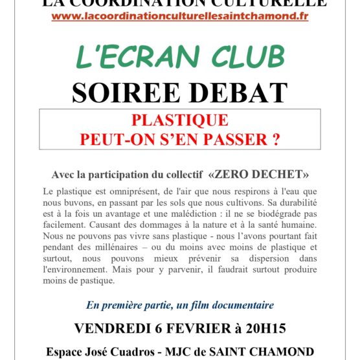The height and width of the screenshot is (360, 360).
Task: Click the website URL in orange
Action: (x=179, y=16)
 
